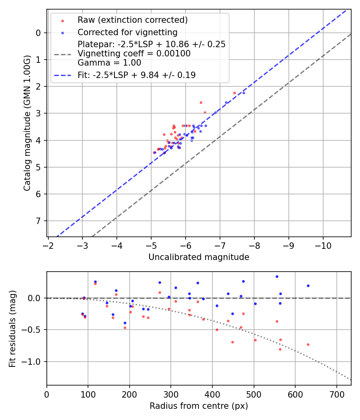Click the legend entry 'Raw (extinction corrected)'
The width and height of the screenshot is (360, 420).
click(132, 20)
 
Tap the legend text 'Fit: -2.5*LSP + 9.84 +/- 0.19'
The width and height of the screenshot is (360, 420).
click(136, 75)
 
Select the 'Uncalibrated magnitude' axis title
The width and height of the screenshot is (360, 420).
click(199, 257)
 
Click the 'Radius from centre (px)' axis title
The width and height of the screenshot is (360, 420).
click(199, 406)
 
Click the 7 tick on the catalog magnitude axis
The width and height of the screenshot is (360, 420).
click(38, 221)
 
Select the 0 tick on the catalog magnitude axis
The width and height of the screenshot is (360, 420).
click(38, 33)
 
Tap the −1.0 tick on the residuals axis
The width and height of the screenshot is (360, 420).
click(32, 362)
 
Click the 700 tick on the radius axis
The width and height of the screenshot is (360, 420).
click(336, 394)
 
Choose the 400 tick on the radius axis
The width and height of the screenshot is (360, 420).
click(212, 394)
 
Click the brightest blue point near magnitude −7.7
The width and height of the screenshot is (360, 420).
click(244, 93)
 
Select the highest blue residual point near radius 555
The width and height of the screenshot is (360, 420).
click(277, 276)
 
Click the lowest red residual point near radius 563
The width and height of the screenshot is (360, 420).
click(280, 349)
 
